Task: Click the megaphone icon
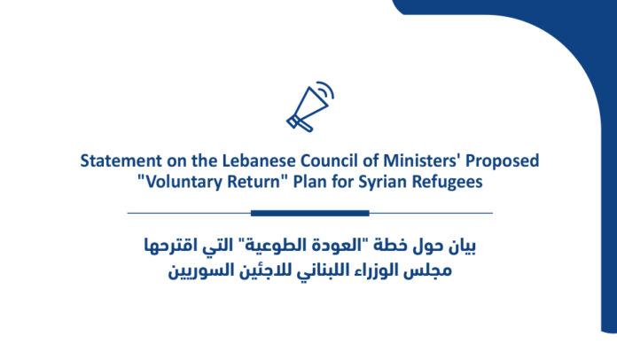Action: point(309,107)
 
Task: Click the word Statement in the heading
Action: point(121,160)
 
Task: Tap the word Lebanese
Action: point(259,160)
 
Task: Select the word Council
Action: point(329,160)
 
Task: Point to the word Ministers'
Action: point(422,160)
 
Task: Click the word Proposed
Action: point(502,161)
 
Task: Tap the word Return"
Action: point(258,182)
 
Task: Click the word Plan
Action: point(309,182)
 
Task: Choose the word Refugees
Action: point(447,183)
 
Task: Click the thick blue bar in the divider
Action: point(310,213)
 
